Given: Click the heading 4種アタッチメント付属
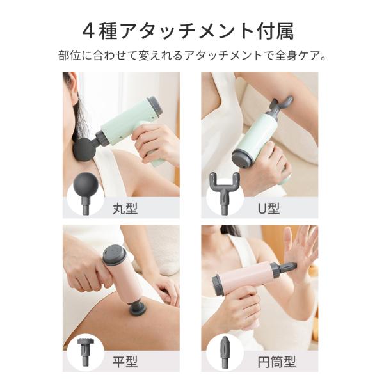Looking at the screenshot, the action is point(188,32).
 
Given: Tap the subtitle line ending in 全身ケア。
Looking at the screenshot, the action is point(192,56).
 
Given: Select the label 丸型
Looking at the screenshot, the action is point(125,209).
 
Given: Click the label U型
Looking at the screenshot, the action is point(269,209).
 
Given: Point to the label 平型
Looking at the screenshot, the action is point(125,362).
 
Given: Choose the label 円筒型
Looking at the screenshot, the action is point(276,362).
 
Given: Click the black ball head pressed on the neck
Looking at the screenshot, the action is point(84,149).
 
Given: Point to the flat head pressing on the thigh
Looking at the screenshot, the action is point(138,309).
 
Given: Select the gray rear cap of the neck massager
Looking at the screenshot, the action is point(156,106).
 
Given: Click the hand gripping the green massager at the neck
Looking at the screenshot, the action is point(154,144).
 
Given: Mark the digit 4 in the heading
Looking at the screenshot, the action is point(88,32).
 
